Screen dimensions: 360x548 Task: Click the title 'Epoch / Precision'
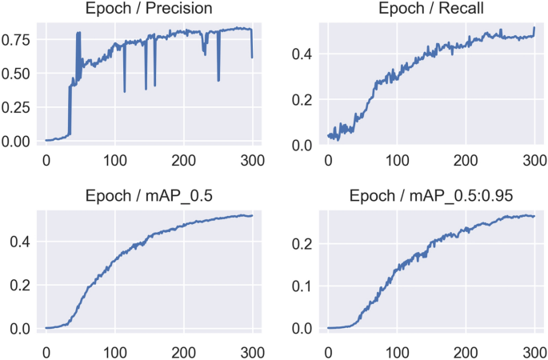point(150,10)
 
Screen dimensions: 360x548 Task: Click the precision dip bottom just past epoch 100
point(124,91)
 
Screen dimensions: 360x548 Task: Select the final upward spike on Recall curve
point(534,28)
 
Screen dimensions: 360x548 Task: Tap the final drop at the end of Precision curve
point(252,57)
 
